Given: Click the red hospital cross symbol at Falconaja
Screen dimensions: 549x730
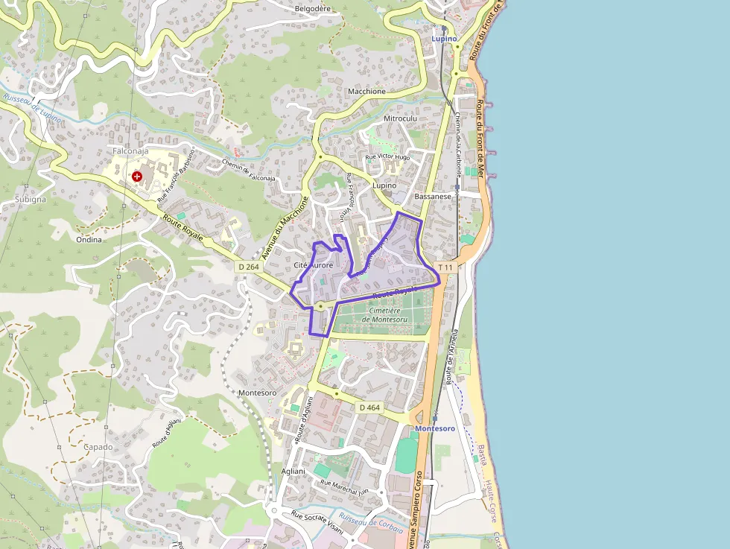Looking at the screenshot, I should tap(137, 177).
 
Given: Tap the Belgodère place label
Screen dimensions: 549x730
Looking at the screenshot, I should tap(312, 9).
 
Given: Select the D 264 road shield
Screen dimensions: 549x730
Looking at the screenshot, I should tap(249, 267).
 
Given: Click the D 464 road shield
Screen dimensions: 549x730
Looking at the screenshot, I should tap(369, 407).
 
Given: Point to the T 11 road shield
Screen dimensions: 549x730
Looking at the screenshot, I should tap(445, 267).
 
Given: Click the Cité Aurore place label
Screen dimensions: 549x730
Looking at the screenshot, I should tap(313, 265).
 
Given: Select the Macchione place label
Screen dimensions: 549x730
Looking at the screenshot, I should tap(366, 92).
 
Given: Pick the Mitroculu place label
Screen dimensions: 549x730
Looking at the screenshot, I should tap(400, 118).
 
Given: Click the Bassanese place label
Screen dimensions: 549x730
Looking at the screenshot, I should tap(434, 197).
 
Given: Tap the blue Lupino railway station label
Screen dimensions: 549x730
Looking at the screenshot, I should tap(445, 38).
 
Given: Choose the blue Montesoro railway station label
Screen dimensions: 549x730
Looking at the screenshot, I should tap(435, 428).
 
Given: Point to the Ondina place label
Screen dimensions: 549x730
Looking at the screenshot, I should tap(89, 240).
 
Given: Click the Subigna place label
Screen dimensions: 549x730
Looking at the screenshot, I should tap(30, 199).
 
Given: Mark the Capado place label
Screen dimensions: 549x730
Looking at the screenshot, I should tap(98, 447).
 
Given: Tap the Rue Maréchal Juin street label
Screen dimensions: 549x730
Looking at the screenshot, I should tap(344, 486).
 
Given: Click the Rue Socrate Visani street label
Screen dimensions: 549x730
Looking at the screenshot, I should tap(317, 521).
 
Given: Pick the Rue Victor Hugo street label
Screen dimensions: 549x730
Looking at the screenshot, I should tap(387, 158).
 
